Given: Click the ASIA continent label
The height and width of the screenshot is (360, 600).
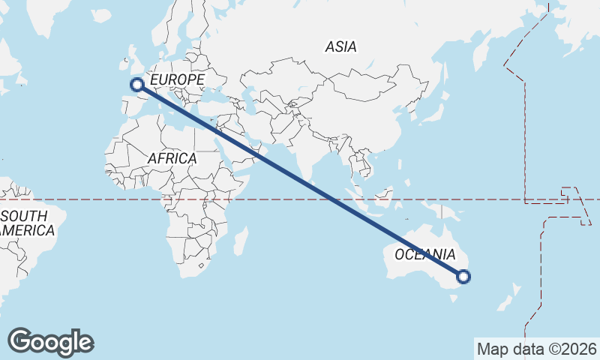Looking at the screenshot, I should pyautogui.click(x=340, y=46).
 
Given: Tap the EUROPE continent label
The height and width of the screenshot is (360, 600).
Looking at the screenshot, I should pyautogui.click(x=177, y=79).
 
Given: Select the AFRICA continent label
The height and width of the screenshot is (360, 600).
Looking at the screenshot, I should pyautogui.click(x=172, y=158).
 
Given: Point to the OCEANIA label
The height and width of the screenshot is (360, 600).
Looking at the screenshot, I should pyautogui.click(x=424, y=254).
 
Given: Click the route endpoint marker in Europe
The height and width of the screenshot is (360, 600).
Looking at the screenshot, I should pyautogui.click(x=137, y=85).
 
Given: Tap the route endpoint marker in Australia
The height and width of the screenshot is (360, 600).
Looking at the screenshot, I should pyautogui.click(x=463, y=277).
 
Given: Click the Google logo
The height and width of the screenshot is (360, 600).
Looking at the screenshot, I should pyautogui.click(x=50, y=342).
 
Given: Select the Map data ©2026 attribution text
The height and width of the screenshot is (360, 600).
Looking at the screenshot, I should pyautogui.click(x=536, y=349).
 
